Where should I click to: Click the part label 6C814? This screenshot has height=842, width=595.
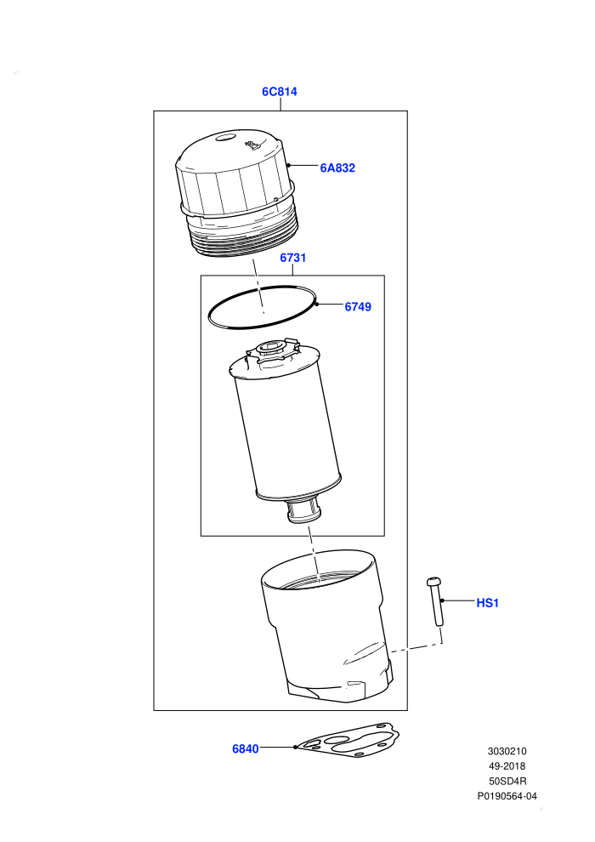click(279, 92)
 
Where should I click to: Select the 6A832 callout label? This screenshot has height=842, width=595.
click(337, 168)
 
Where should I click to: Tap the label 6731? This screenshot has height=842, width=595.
click(293, 258)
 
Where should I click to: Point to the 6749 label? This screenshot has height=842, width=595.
click(358, 307)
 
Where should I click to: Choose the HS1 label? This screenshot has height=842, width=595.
click(488, 603)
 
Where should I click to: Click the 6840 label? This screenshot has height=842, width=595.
click(245, 748)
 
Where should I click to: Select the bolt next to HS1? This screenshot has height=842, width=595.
click(435, 601)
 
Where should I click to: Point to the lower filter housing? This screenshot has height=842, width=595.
click(326, 626)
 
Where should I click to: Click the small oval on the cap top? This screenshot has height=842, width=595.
click(225, 138)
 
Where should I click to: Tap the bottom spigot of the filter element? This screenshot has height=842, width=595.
click(304, 510)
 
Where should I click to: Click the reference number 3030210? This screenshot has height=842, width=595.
click(507, 751)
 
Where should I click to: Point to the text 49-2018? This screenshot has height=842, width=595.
click(507, 766)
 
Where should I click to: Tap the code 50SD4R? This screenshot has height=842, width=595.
click(507, 782)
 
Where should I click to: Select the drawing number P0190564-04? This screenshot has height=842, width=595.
click(507, 796)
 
